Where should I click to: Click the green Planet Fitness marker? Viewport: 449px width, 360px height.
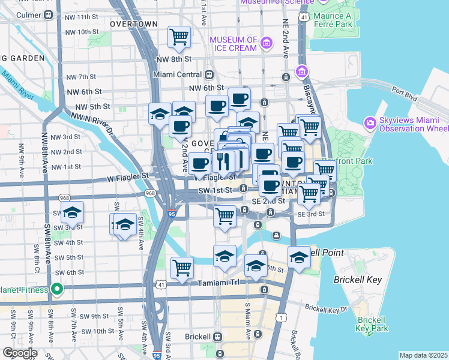click(56, 290)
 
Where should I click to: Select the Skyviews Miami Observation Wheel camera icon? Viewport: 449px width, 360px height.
click(370, 123)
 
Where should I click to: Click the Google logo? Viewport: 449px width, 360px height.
click(20, 353)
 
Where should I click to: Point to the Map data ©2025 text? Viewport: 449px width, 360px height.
click(423, 355)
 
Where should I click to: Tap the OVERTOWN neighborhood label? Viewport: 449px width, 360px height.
click(134, 24)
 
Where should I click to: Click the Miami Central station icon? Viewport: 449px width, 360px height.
click(209, 75)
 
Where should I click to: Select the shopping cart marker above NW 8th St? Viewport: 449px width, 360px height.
click(179, 37)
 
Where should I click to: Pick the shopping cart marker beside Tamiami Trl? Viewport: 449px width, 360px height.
click(182, 268)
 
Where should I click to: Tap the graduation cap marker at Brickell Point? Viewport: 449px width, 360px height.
click(299, 257)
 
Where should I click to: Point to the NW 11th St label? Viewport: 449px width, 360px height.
click(81, 17)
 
